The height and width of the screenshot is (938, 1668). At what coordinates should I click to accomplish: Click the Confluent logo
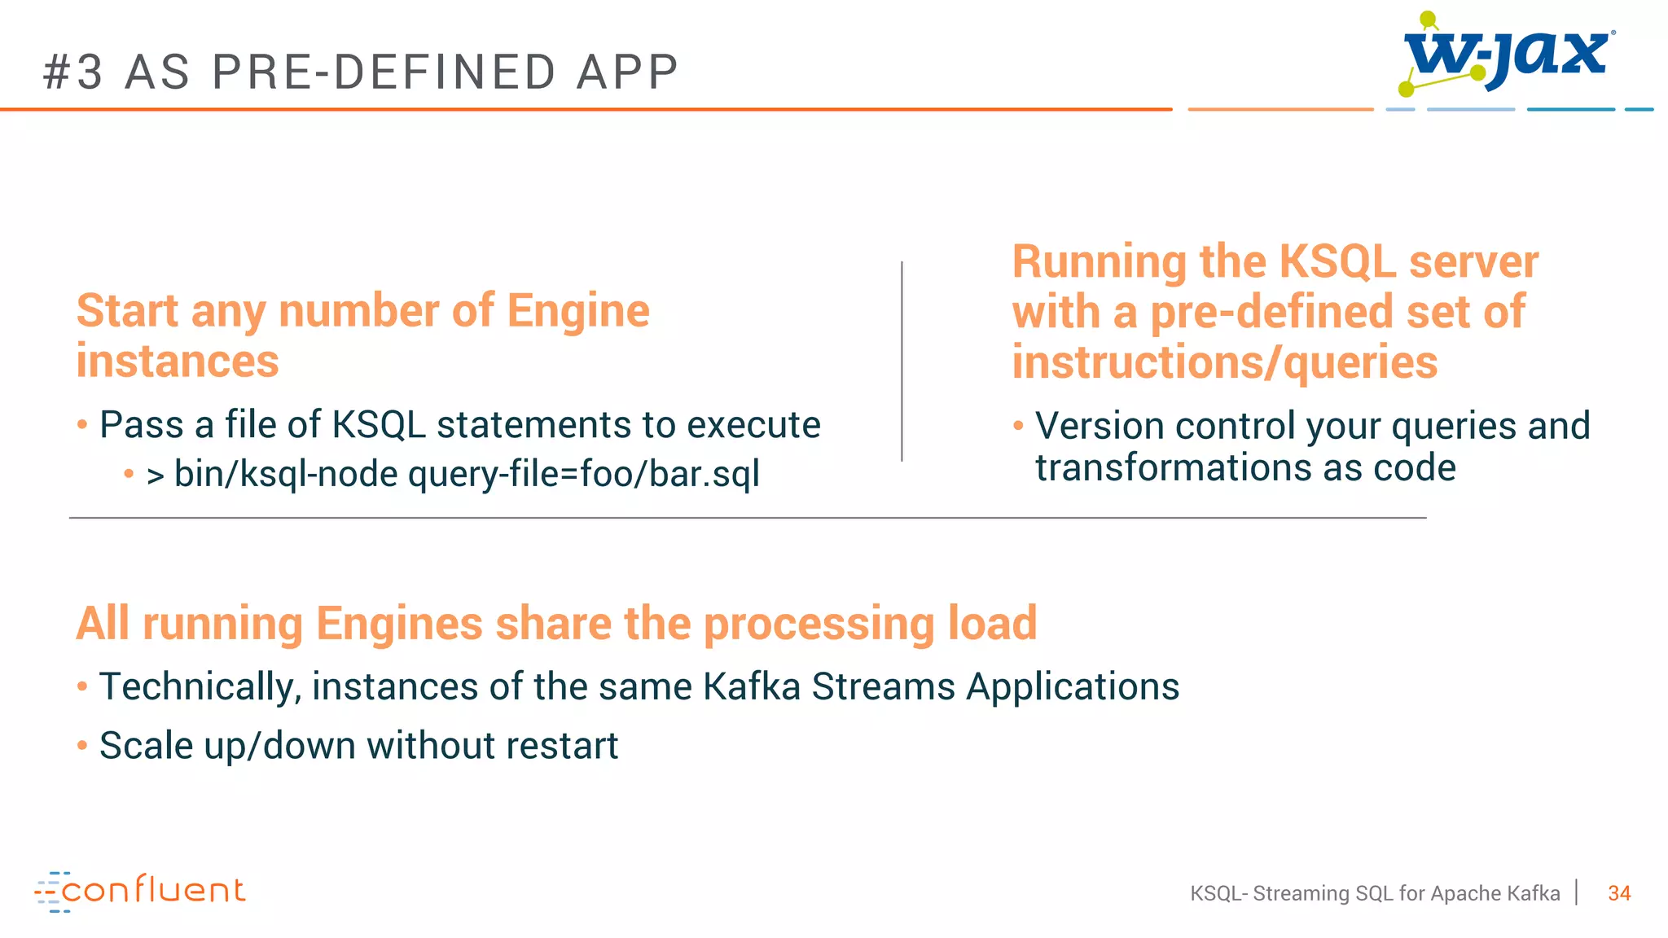coord(140,891)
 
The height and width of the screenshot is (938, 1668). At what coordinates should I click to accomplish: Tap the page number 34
coord(1619,893)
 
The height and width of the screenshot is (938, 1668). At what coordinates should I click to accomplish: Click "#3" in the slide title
coord(73,72)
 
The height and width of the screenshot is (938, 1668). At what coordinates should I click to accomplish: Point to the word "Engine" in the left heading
coord(578,311)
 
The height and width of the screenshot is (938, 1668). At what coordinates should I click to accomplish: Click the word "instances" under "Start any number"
coord(178,362)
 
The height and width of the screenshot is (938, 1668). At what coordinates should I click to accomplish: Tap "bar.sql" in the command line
coord(705,474)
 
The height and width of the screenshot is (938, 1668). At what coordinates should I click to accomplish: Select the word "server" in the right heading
coord(1473,262)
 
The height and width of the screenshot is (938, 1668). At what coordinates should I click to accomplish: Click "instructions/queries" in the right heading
coord(1224,362)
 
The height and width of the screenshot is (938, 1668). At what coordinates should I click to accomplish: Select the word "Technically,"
coord(200,686)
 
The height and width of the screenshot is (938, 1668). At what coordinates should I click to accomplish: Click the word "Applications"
coord(1073,686)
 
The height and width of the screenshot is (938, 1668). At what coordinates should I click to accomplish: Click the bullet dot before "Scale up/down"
coord(82,745)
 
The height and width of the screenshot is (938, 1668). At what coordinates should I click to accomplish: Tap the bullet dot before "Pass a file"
coord(82,424)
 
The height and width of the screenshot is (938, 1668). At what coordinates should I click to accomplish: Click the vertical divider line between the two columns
coord(902,362)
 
